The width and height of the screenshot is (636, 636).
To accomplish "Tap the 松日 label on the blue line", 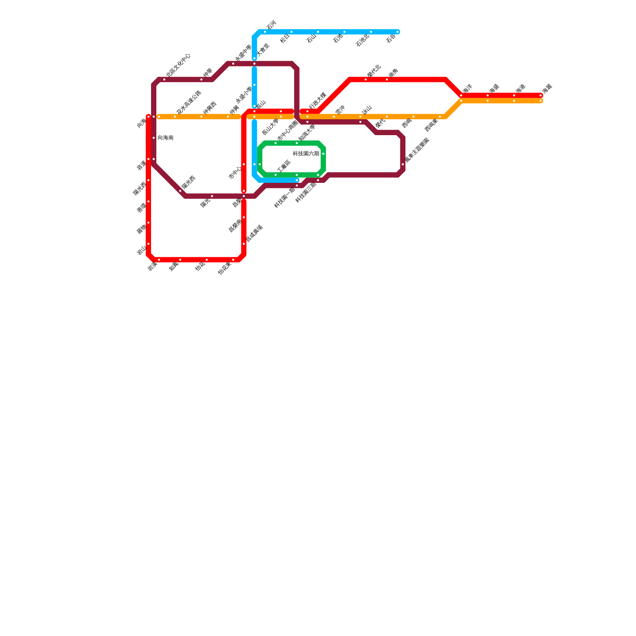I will tap(285, 39).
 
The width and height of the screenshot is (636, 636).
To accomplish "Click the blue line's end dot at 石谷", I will tap(397, 32).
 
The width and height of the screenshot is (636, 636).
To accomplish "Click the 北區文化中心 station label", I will tap(178, 65).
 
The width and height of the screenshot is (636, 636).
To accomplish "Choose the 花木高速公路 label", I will tap(189, 102).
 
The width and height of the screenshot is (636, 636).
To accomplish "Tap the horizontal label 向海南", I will tap(165, 138).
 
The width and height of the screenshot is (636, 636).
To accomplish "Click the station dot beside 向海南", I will tap(154, 138).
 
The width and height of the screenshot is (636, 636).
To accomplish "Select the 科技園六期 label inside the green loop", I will tap(306, 154).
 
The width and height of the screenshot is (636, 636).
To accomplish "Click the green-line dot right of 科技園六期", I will tap(324, 154).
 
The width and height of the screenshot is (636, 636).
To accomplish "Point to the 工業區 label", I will tap(284, 167).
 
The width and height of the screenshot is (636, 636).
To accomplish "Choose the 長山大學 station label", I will tap(270, 127).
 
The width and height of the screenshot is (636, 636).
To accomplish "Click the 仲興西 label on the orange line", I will tap(209, 108).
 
